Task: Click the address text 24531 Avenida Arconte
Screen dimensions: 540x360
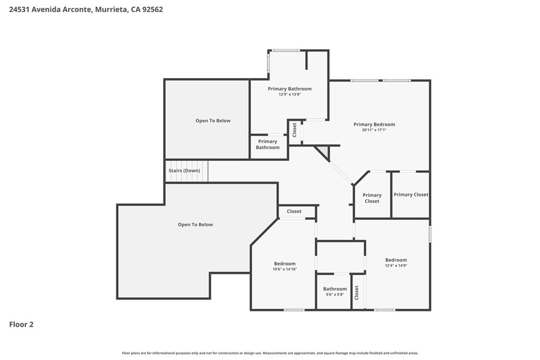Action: coord(51,9)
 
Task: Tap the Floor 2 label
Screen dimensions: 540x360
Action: coord(21,325)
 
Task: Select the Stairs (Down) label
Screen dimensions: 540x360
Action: coord(184,171)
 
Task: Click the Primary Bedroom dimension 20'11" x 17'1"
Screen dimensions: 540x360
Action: coord(374,130)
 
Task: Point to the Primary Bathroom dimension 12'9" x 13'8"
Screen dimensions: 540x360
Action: coord(290,94)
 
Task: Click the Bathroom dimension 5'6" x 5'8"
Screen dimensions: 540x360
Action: coord(335,295)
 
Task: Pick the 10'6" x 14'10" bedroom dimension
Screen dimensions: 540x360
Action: coord(285,269)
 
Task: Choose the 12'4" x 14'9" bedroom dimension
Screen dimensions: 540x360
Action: coord(396,266)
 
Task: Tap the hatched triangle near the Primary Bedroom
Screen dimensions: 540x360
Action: coord(323,151)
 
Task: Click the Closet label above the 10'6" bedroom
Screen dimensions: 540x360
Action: coord(294,211)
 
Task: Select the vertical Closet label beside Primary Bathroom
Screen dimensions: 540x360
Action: coord(294,130)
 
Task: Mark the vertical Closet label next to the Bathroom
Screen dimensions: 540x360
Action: coord(356,293)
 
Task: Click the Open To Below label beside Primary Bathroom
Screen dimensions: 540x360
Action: coord(213,121)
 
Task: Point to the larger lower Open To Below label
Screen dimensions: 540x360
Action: coord(195,225)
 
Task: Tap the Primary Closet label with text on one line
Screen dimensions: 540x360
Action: coord(411,195)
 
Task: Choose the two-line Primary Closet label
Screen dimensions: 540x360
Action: coord(372,198)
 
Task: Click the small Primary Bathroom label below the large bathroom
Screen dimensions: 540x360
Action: coord(267,144)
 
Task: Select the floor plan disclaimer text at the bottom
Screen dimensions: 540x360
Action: coord(270,353)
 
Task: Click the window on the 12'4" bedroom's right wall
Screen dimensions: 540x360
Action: coord(430,233)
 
